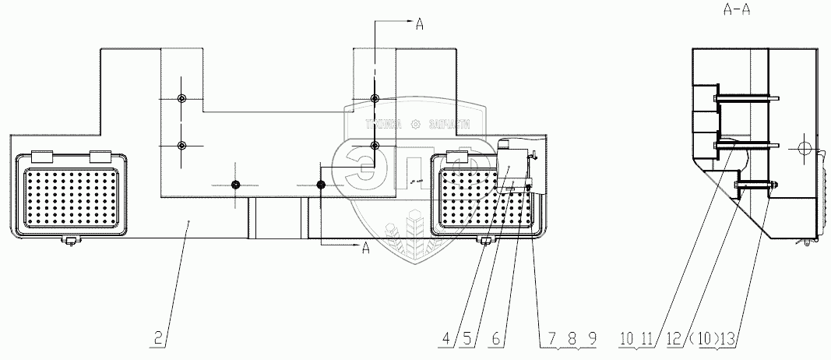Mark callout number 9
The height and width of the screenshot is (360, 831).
593,339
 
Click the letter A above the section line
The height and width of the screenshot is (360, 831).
419,24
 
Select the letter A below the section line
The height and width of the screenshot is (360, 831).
364,249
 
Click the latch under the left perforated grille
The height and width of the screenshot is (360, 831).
70,240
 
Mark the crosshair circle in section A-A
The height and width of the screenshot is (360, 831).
805,148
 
